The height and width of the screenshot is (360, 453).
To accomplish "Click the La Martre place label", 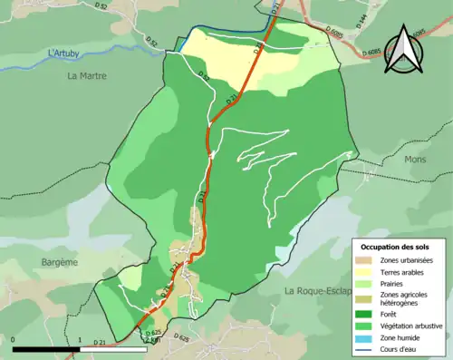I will [x=87, y=76].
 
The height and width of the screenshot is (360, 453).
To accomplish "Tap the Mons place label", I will [x=415, y=160].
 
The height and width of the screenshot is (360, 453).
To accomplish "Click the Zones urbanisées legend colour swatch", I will [x=366, y=261].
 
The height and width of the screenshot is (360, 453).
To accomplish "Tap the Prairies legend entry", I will [x=396, y=284].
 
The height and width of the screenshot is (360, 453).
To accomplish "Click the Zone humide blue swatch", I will [x=366, y=336].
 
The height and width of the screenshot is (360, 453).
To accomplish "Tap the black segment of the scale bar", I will [x=46, y=349].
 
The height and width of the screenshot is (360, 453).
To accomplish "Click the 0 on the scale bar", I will [x=14, y=340].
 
